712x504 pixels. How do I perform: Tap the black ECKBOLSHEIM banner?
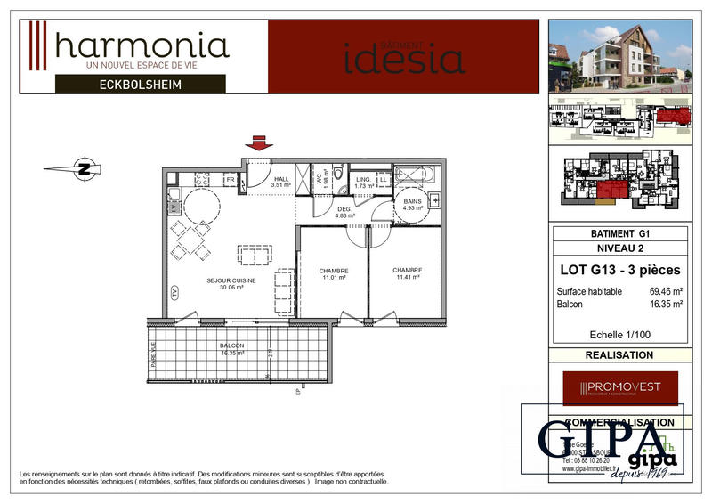click(141, 85)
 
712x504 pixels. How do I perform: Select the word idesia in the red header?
click(404, 59)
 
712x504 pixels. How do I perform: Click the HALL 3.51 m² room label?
click(281, 182)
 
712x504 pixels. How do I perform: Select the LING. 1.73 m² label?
click(363, 183)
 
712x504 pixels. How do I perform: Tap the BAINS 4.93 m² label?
click(412, 206)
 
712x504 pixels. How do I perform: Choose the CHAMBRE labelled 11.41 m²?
click(407, 274)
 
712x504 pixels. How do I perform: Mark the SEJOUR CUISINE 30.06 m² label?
click(231, 285)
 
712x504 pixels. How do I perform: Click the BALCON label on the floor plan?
click(231, 349)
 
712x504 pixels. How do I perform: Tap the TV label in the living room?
click(174, 292)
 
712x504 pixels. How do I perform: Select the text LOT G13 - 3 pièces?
click(619, 270)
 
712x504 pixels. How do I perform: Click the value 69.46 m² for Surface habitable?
click(666, 291)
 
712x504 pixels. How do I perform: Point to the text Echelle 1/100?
click(619, 335)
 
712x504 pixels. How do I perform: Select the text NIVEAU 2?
click(619, 248)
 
